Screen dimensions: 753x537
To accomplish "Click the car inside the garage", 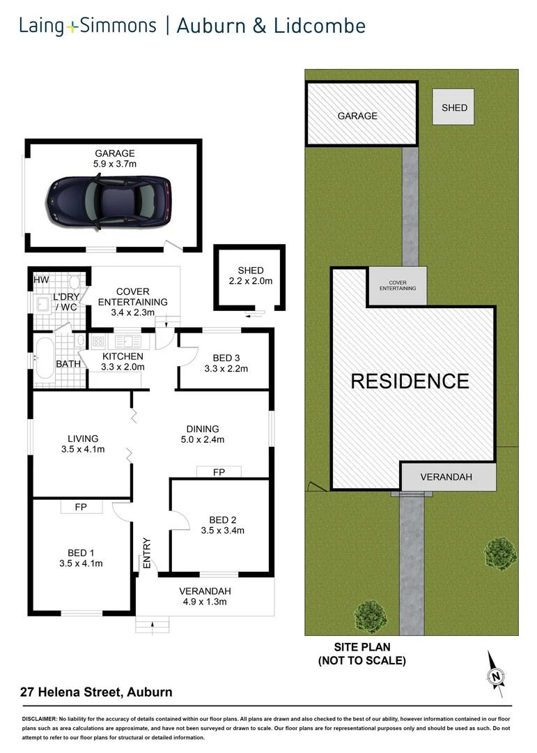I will [110, 200].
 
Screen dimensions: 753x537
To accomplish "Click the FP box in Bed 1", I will [81, 507].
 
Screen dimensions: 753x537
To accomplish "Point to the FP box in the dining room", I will [219, 472].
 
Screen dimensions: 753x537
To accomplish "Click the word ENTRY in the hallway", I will [147, 553].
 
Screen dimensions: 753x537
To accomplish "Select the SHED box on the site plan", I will [454, 107].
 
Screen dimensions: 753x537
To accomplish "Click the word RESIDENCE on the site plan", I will [410, 381].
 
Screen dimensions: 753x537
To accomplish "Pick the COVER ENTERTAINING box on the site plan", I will [398, 285].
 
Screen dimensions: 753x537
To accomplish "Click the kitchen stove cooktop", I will [98, 342].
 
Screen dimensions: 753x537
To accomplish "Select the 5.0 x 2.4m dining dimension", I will [203, 439].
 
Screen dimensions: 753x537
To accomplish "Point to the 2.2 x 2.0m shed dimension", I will [250, 282].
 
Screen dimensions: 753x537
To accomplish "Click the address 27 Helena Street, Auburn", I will [95, 692].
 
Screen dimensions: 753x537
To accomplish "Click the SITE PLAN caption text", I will [361, 648].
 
